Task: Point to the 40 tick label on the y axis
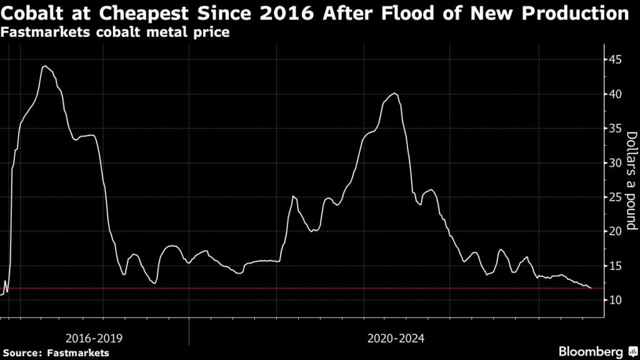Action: click(616, 94)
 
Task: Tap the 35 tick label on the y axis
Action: click(616, 129)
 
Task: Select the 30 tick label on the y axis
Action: click(616, 163)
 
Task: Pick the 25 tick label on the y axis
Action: click(616, 197)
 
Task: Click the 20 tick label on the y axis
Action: click(616, 231)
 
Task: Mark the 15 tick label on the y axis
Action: click(616, 266)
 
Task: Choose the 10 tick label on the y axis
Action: click(616, 300)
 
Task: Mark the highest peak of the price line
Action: click(45, 66)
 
